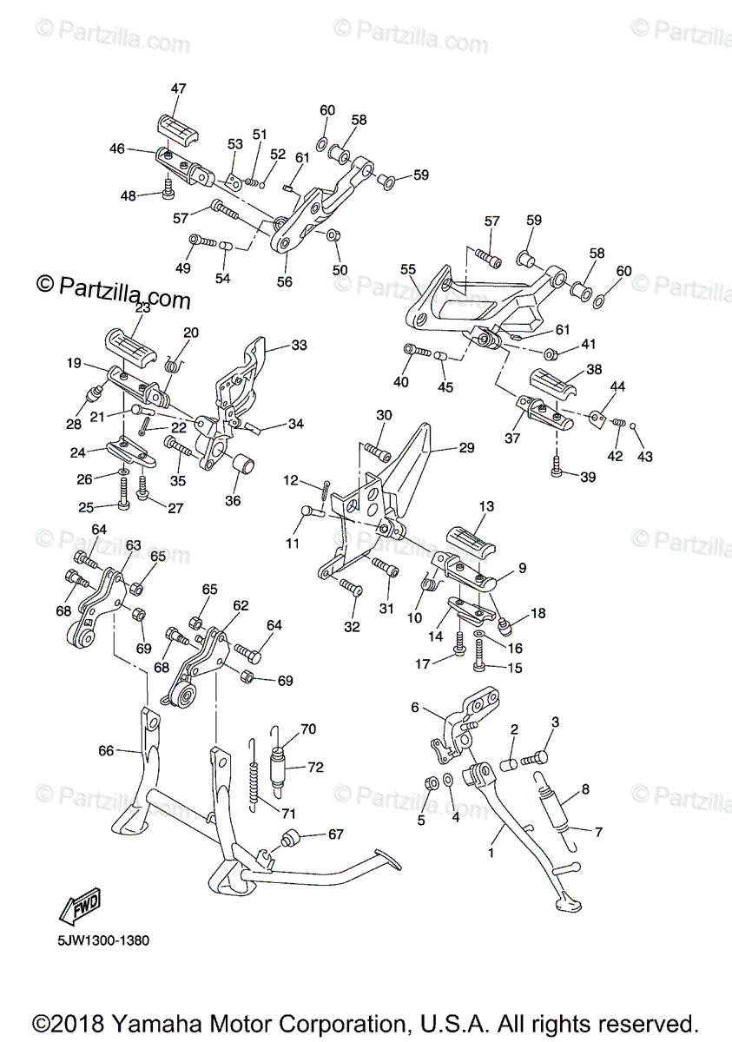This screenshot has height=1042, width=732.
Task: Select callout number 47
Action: click(x=178, y=89)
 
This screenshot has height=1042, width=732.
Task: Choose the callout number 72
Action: click(x=315, y=768)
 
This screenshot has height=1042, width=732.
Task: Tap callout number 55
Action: click(x=408, y=270)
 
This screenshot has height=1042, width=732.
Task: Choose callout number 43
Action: click(x=645, y=457)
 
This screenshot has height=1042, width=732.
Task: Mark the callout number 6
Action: click(x=415, y=708)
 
